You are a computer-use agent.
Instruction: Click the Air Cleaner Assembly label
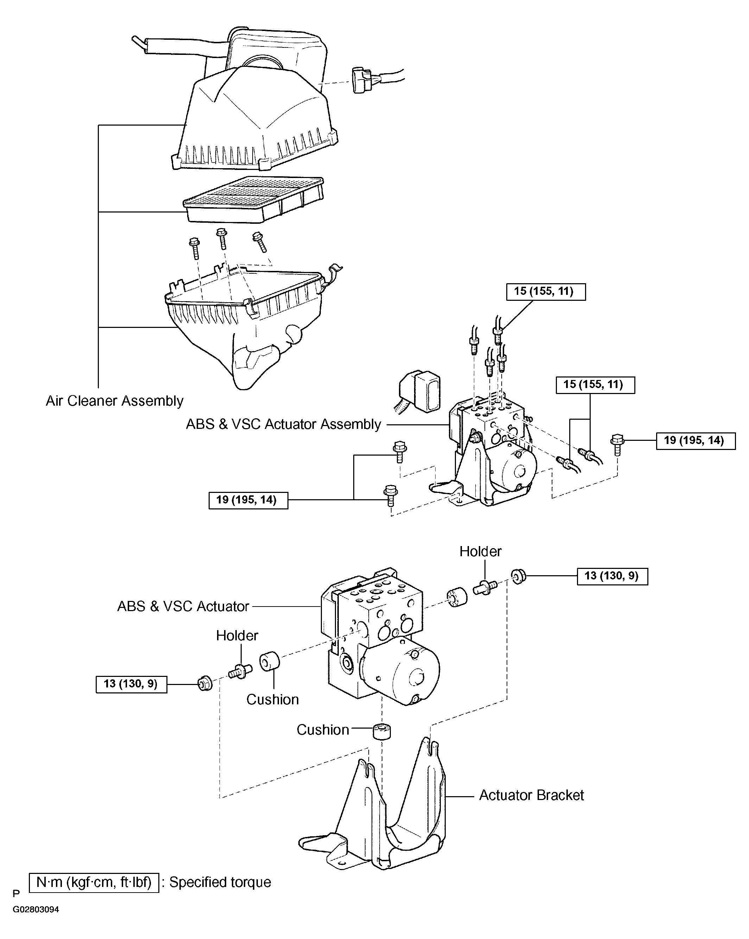coord(115,401)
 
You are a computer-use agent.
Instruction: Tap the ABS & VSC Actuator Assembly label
coord(284,424)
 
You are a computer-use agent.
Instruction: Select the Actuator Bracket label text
coord(531,795)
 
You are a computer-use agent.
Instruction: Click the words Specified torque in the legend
coord(220,882)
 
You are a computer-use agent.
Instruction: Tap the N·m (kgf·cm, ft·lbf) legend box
coord(94,883)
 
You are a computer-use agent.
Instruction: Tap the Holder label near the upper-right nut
coord(480,551)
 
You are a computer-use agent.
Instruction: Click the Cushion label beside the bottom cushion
coord(323,730)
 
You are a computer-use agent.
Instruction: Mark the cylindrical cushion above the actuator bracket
coord(381,731)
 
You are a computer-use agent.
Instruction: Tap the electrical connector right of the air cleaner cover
coord(364,80)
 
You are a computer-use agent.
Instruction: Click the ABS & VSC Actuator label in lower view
coord(183,606)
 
